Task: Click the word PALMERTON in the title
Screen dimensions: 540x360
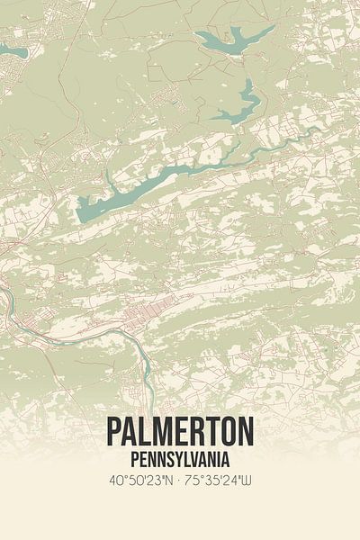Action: (x=180, y=432)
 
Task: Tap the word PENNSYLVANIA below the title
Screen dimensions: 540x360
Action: (x=180, y=459)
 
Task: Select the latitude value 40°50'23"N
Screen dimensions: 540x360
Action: (x=139, y=481)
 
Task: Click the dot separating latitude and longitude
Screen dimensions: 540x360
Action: (x=179, y=481)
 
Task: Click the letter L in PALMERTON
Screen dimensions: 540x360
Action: (x=147, y=432)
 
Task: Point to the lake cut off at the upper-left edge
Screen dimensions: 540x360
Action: (x=11, y=49)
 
